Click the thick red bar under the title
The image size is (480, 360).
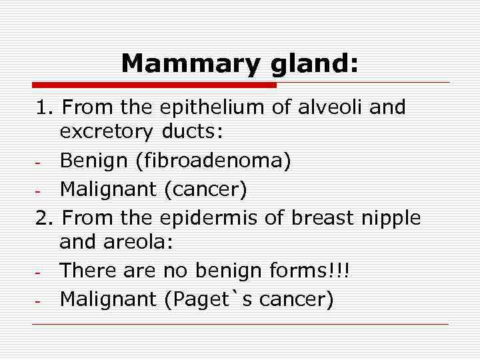(x=154, y=85)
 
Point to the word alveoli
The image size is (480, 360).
(x=327, y=108)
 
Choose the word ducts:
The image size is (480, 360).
(x=192, y=133)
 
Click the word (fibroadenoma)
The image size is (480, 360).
(x=210, y=161)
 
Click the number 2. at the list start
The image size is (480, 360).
(x=44, y=217)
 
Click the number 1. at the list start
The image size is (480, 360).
(x=44, y=108)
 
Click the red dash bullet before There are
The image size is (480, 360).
(x=40, y=273)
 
